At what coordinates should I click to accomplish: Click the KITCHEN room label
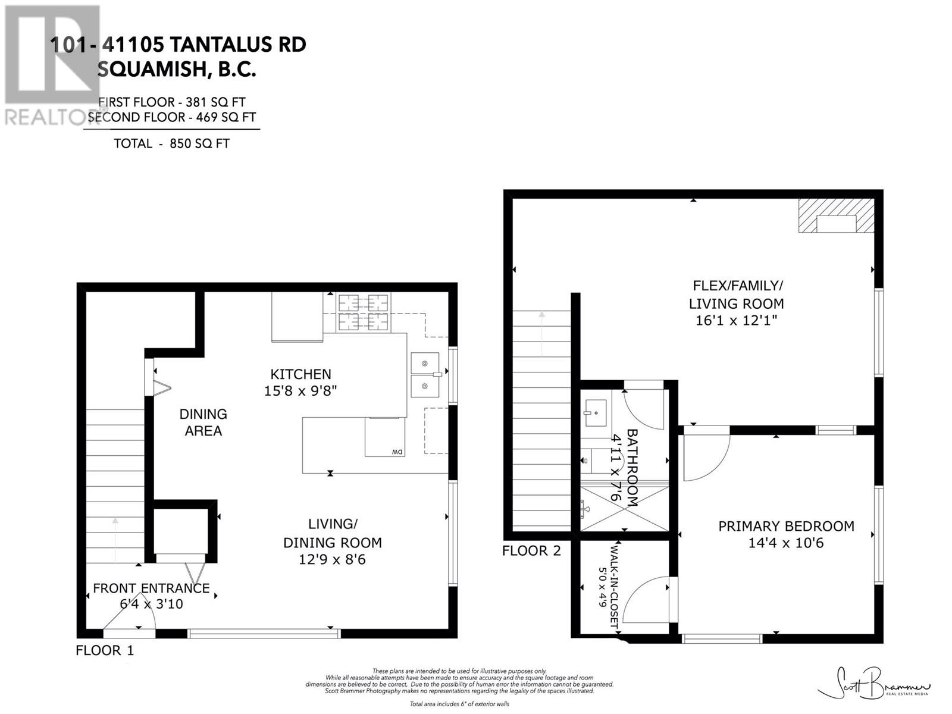click(300, 374)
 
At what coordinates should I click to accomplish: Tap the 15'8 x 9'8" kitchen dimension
click(300, 391)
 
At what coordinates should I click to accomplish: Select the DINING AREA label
click(203, 422)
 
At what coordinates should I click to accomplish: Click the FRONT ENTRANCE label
click(151, 588)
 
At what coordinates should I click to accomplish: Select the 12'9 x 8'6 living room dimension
click(332, 559)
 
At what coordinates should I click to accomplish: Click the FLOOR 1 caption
click(105, 650)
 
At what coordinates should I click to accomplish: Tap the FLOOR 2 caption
click(531, 550)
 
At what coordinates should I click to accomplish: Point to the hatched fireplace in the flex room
click(836, 216)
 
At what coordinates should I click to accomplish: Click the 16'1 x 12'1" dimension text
click(736, 320)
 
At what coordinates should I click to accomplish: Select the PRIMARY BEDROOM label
click(786, 526)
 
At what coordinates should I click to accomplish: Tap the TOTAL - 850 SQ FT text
click(171, 143)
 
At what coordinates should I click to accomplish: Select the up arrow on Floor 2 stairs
click(541, 333)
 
